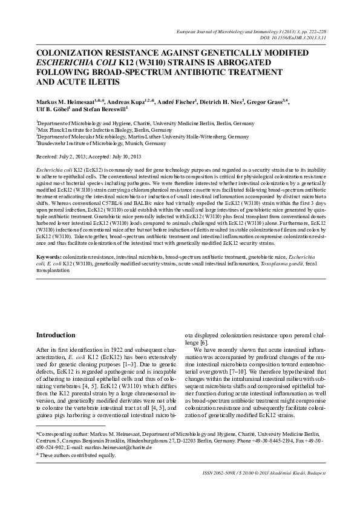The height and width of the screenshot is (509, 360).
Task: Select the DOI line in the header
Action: pyautogui.click(x=290, y=36)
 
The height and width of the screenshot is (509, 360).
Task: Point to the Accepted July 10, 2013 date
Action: pyautogui.click(x=125, y=156)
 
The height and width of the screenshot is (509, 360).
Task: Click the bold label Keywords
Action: pyautogui.click(x=48, y=258)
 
